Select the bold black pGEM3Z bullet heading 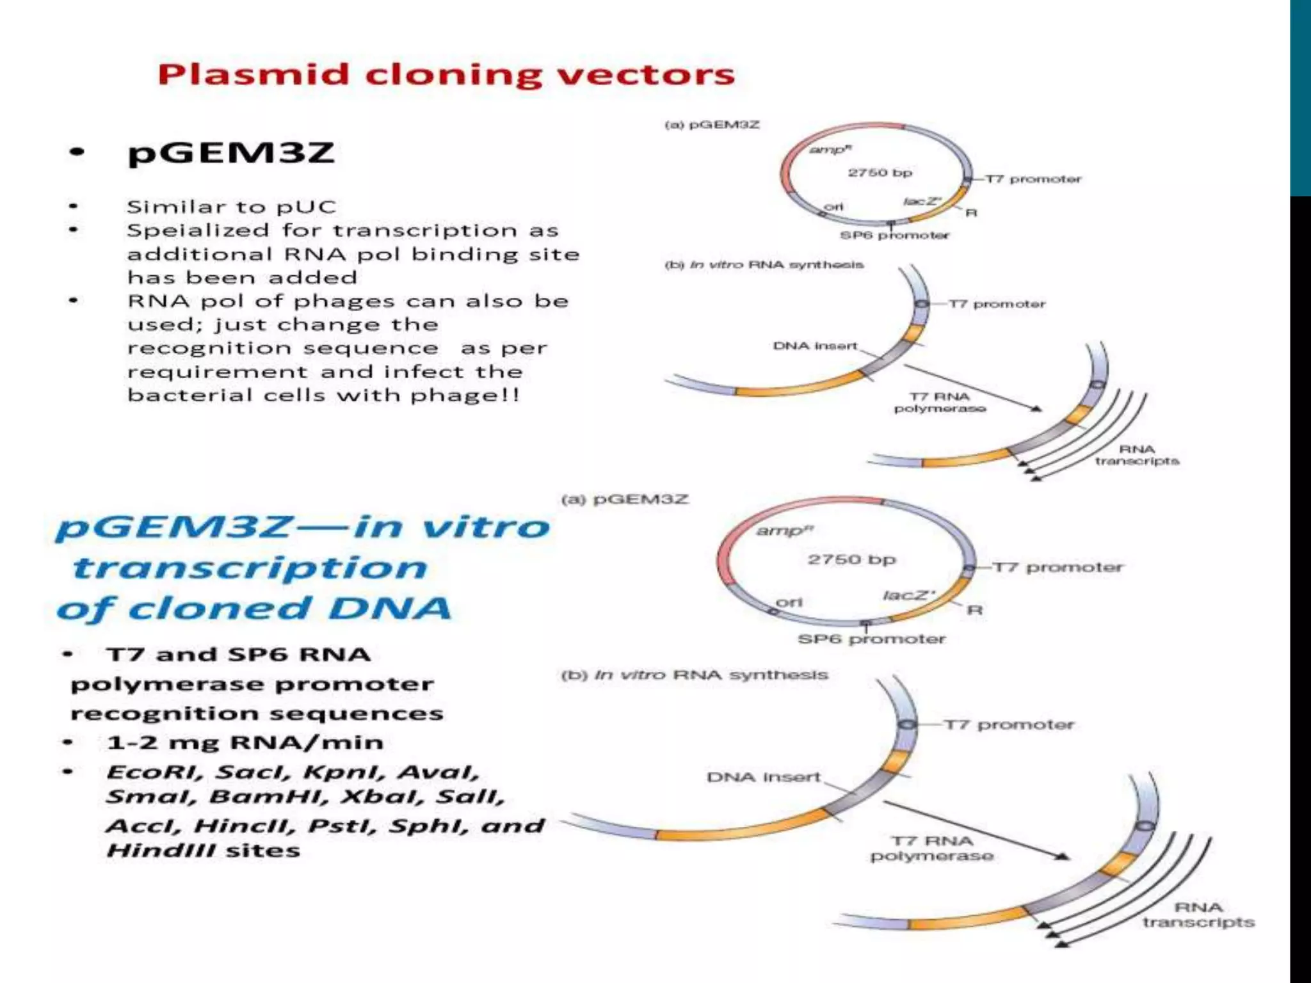(231, 153)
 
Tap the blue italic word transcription (250, 568)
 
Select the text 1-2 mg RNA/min (245, 742)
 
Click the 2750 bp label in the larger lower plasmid (851, 559)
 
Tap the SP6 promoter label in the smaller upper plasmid (894, 236)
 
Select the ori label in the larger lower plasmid (789, 602)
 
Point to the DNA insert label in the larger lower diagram (764, 777)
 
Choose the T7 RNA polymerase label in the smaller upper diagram (940, 403)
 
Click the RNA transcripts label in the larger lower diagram (1198, 915)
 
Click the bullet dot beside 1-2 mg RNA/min (68, 742)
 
